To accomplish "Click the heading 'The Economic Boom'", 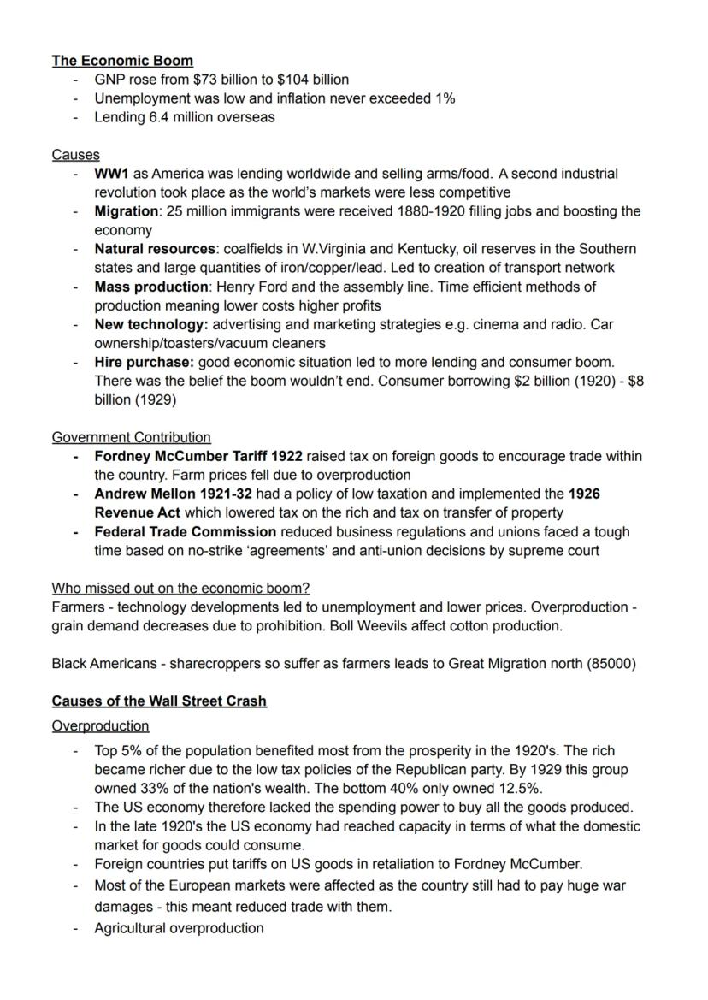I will tap(122, 61).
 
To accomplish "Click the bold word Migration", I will tap(126, 211).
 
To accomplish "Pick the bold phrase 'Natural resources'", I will tap(155, 249).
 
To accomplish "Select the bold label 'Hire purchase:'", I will tap(144, 362).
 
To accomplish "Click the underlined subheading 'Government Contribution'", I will tap(131, 437).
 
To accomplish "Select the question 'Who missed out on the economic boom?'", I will tap(180, 588).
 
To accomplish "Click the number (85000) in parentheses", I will tap(611, 663).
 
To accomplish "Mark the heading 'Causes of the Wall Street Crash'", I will tap(159, 701).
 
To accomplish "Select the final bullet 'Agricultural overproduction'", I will tap(179, 928).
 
